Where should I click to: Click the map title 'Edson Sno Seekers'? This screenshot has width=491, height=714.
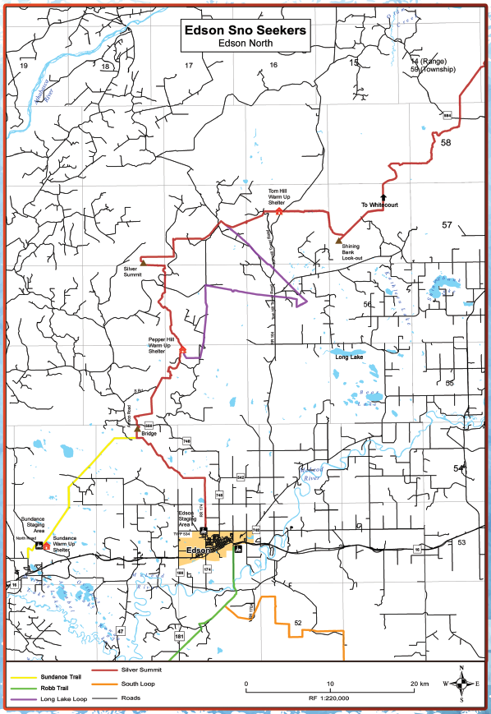tap(245, 30)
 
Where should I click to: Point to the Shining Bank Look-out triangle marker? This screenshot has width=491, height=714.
tap(338, 240)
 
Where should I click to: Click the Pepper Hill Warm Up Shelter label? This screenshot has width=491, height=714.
tap(161, 343)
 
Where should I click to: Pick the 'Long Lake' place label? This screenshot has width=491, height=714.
tap(350, 357)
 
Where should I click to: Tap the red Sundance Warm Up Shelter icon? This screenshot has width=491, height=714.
tap(46, 546)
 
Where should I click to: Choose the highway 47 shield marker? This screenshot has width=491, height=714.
tap(121, 630)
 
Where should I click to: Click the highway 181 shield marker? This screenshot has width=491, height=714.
tap(178, 637)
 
